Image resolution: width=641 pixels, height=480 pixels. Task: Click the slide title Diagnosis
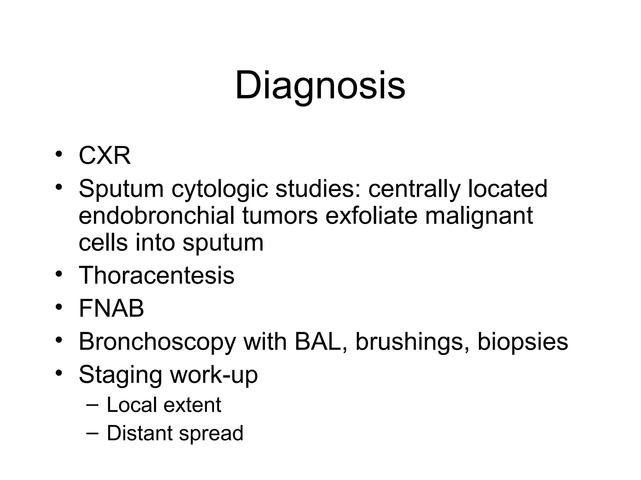coord(320,85)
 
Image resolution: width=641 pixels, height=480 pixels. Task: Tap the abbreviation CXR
coord(105,156)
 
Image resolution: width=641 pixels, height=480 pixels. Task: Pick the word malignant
coord(479,216)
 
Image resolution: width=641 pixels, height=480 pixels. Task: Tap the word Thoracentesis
coord(156,275)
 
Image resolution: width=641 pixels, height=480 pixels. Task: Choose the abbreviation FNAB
coord(111,308)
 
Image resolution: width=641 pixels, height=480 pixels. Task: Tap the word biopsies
coord(522,342)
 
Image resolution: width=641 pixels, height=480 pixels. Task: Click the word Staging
coord(121,375)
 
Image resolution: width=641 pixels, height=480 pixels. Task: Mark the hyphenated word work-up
coord(214,375)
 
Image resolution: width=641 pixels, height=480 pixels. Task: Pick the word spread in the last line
coord(211,434)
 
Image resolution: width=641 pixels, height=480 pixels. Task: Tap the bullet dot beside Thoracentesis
coord(59,274)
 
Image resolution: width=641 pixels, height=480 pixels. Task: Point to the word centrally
coord(414,189)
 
